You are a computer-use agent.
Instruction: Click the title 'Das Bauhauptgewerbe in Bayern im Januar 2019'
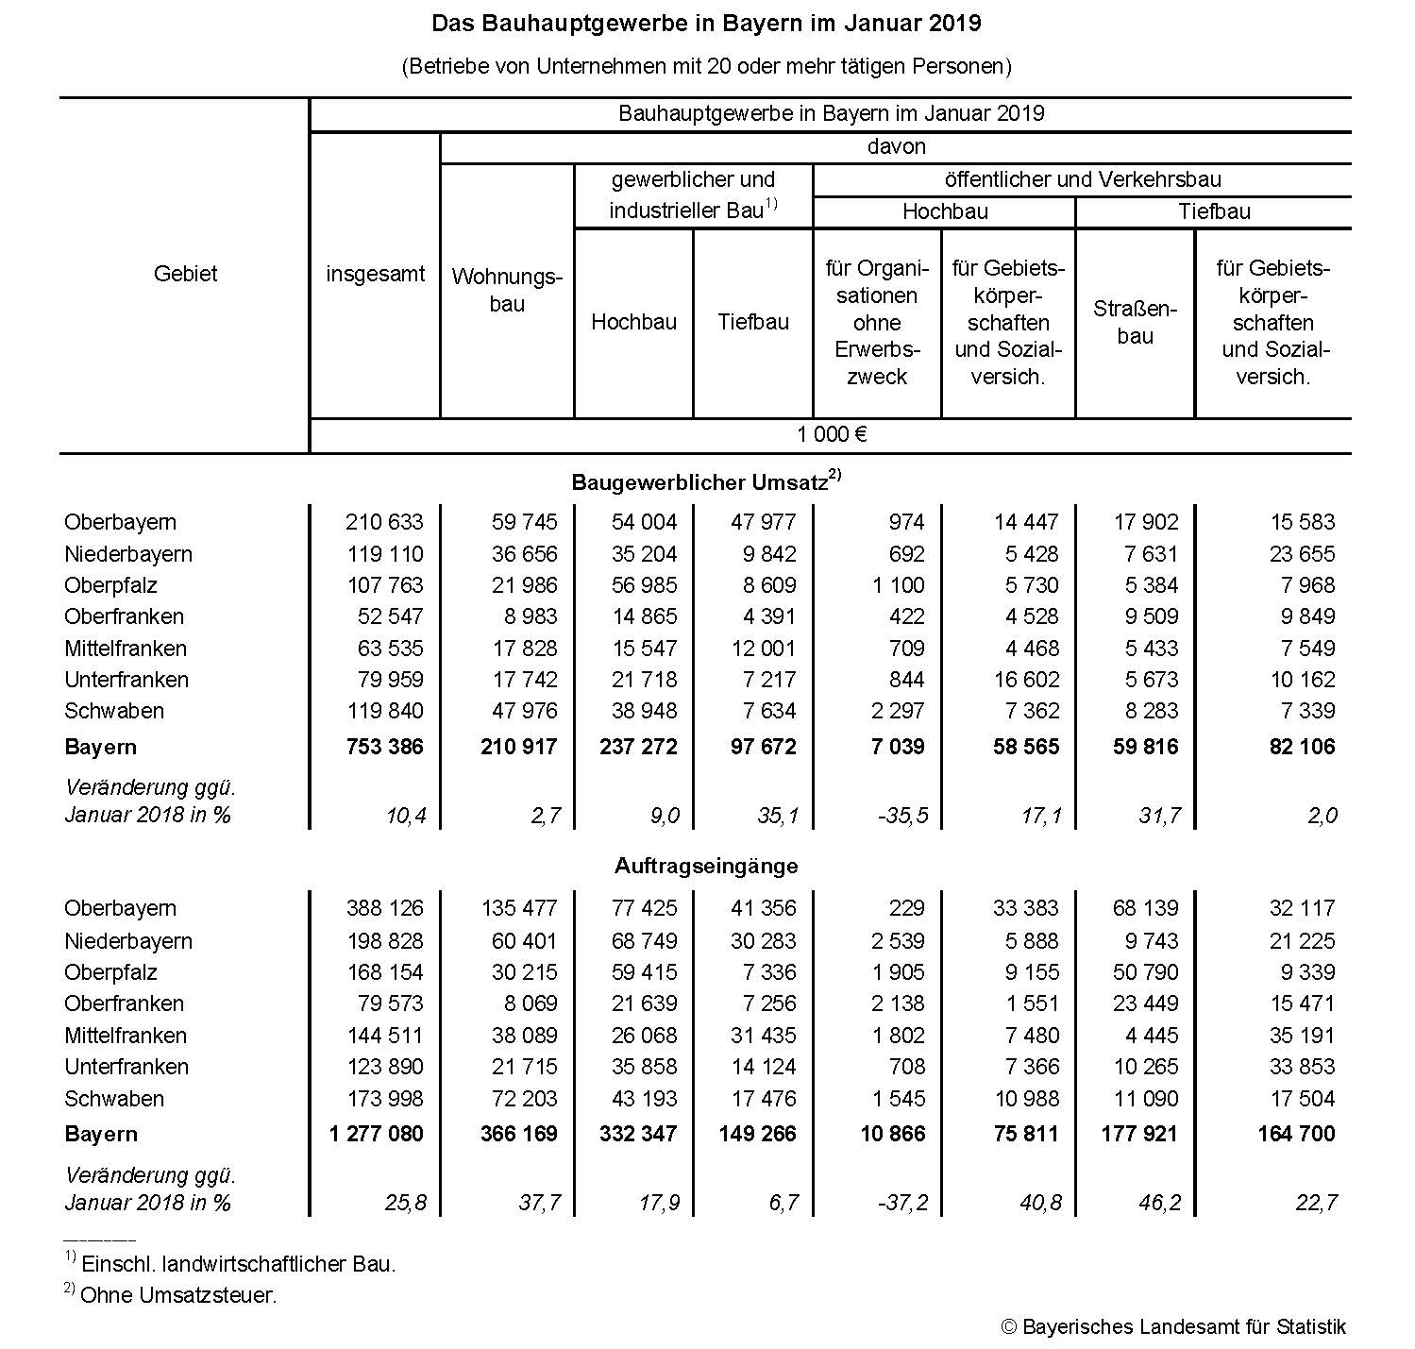[706, 24]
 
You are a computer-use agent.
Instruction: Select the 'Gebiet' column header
[185, 274]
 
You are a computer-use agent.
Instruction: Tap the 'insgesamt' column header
[375, 274]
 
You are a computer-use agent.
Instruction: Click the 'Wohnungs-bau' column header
[507, 290]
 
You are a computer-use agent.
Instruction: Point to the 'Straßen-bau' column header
[1135, 322]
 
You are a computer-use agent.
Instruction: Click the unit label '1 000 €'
[831, 434]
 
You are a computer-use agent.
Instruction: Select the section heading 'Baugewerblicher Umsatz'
[699, 482]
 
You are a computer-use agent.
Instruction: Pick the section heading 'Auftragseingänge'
[706, 866]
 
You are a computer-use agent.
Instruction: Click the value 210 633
[385, 522]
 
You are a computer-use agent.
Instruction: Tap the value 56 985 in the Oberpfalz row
[645, 585]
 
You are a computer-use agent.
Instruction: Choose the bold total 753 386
[385, 747]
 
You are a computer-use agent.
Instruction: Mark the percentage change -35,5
[903, 816]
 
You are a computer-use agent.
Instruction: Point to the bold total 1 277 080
[377, 1134]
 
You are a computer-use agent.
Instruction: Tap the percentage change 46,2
[1160, 1203]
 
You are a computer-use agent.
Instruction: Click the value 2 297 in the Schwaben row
[898, 711]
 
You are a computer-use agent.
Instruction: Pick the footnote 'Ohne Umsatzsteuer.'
[178, 1295]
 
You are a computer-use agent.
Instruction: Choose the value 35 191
[1302, 1036]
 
